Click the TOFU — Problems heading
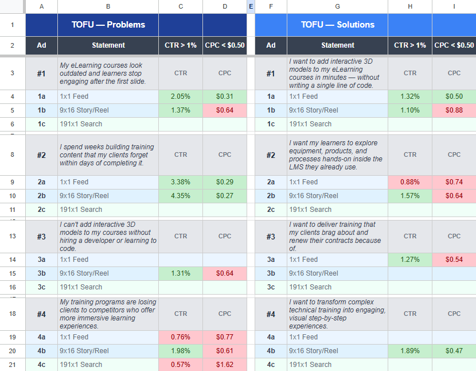108,25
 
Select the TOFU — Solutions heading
337,25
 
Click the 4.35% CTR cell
181,196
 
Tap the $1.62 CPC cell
225,365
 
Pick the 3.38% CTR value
181,182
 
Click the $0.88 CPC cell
454,110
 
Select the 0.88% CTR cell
409,182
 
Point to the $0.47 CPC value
454,351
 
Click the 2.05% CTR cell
181,96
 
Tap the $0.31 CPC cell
225,96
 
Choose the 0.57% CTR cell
181,365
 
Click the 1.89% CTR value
409,351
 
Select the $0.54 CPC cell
454,260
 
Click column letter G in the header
337,6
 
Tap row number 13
13,236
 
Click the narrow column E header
251,6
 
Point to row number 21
13,365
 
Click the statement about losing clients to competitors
108,314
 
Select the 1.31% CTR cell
181,273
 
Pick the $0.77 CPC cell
225,337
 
